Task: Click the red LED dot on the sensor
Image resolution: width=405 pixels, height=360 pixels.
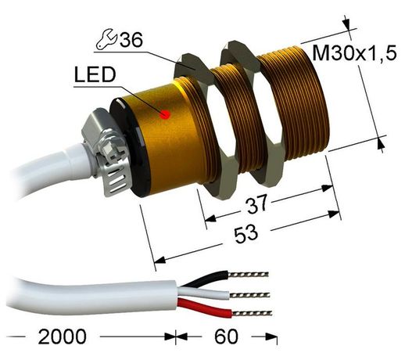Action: click(x=165, y=114)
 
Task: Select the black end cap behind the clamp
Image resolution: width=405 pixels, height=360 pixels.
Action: click(x=129, y=149)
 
